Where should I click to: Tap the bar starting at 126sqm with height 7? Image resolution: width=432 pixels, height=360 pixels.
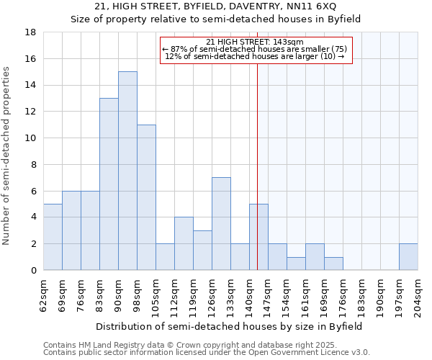coord(221,223)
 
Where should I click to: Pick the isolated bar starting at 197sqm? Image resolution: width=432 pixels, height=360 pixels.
coord(408,257)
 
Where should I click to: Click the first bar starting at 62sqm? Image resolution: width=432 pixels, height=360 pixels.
coord(53,237)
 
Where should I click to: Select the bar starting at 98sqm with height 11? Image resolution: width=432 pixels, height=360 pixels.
coord(146,197)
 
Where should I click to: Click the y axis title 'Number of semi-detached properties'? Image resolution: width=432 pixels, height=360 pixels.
coord(7,156)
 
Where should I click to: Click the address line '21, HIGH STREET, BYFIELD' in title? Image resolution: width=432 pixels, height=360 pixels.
coord(215,6)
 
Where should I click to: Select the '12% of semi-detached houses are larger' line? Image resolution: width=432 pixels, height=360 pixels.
coord(255,55)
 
